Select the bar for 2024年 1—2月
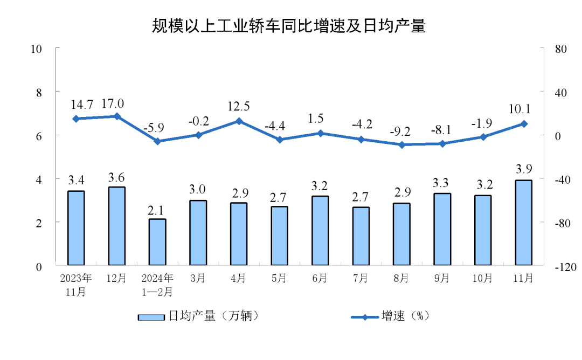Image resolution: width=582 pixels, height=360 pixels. coord(157,243)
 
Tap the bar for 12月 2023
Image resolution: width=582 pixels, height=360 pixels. coord(116,226)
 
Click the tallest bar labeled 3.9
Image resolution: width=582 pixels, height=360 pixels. coord(523,223)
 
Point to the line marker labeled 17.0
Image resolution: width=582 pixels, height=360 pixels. coord(117,116)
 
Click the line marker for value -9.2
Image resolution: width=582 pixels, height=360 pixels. coord(401,144)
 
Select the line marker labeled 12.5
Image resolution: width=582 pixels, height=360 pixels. coord(239,121)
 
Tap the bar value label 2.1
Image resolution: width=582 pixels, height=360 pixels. coord(157,209)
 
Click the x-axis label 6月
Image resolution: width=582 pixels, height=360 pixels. coord(320,279)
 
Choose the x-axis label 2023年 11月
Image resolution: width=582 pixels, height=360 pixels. coord(76,285)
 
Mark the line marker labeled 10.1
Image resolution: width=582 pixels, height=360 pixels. coord(523,124)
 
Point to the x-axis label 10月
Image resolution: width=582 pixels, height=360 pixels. coord(482,279)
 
